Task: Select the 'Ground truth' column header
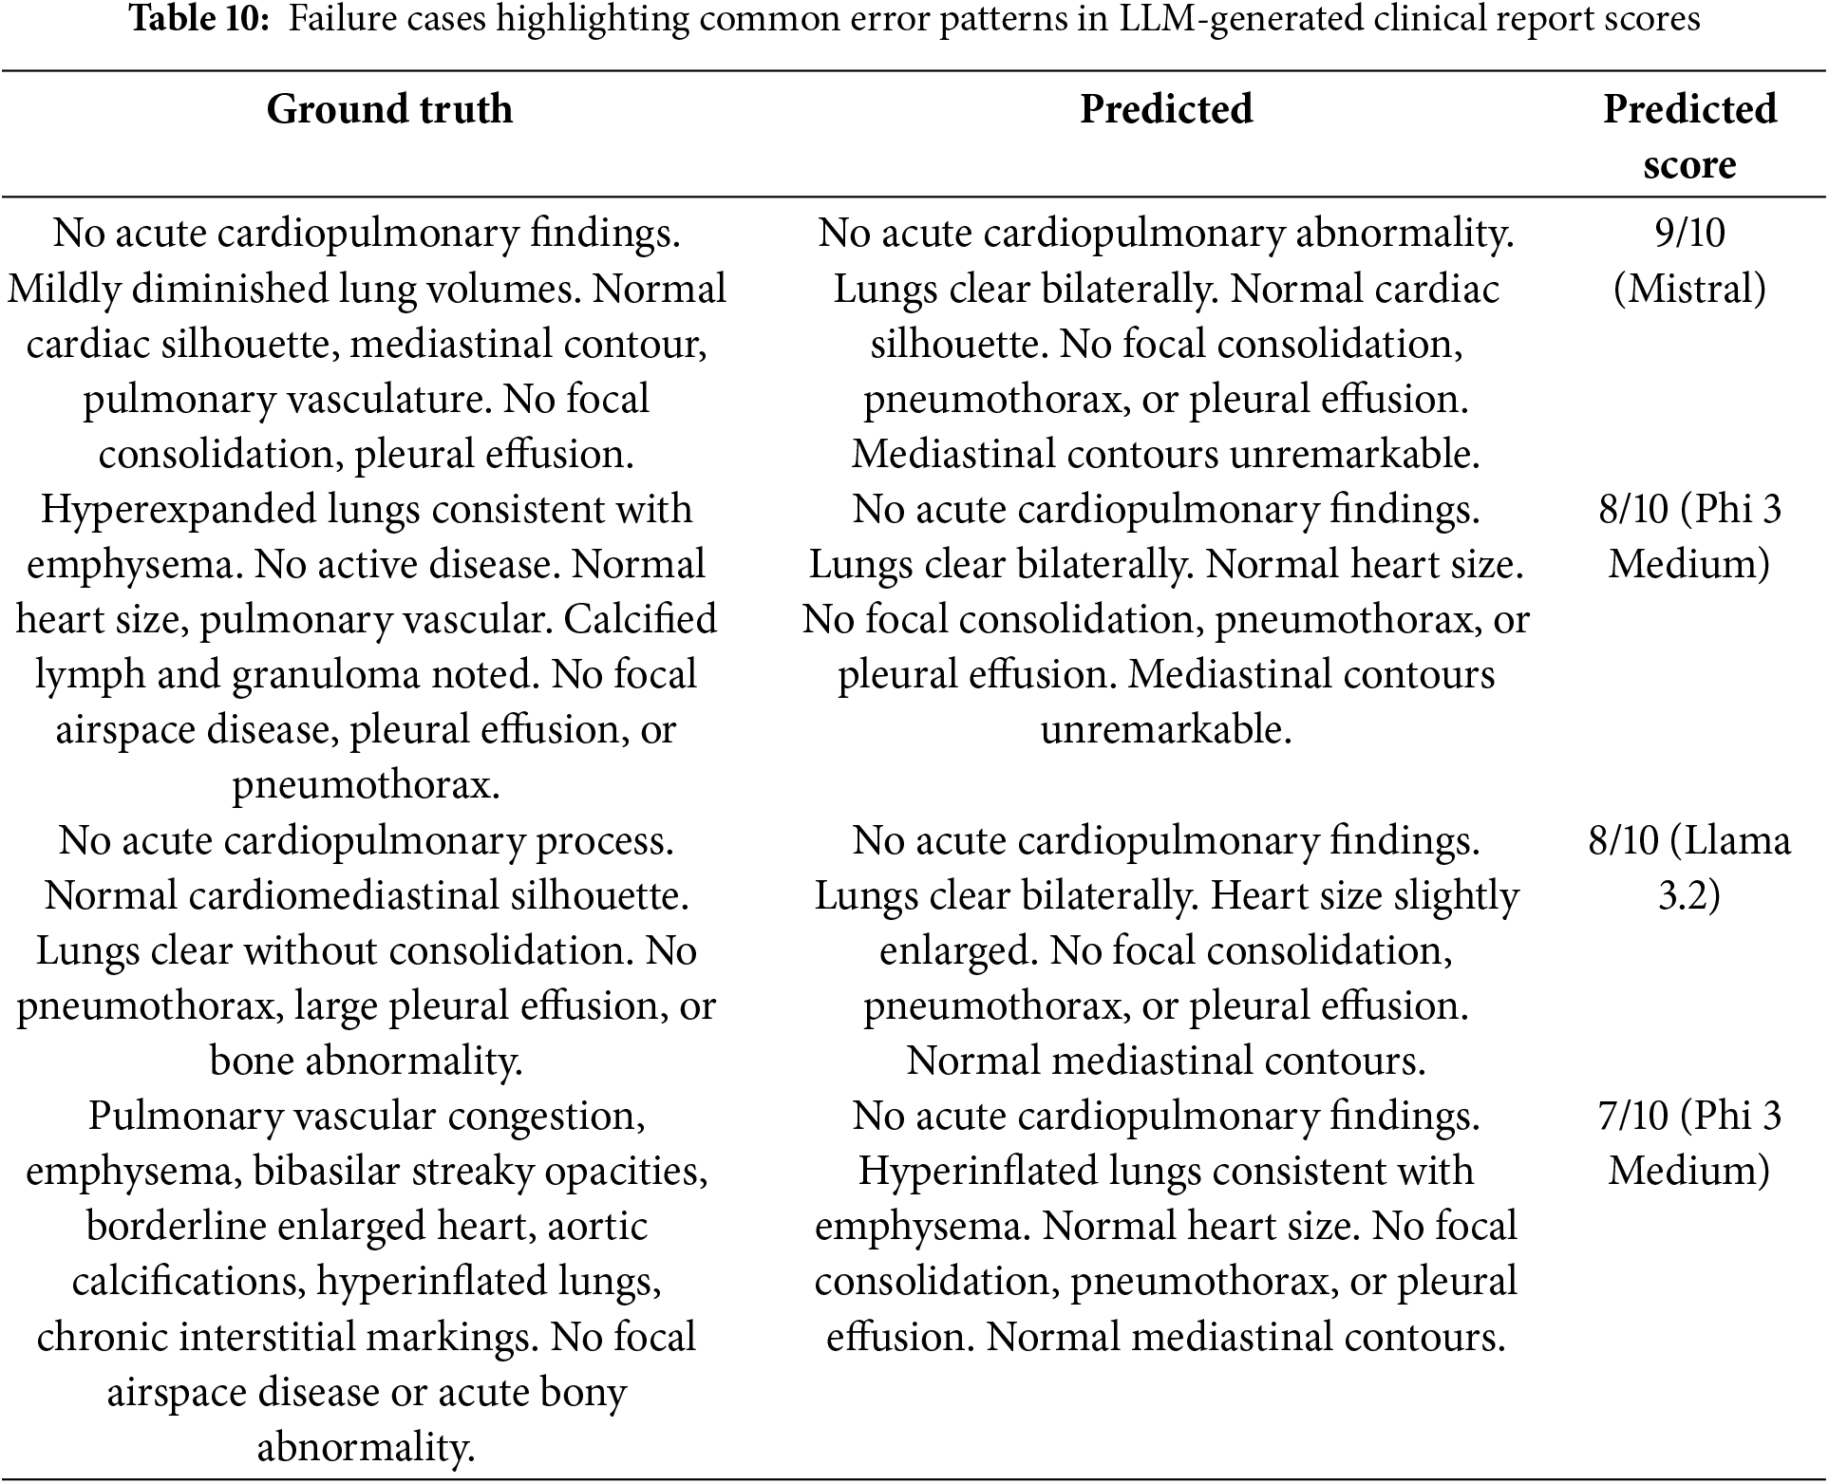[389, 109]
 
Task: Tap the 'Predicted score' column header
[1688, 136]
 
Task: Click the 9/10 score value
[1689, 233]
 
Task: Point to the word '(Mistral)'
[1689, 288]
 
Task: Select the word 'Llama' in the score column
[1742, 840]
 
